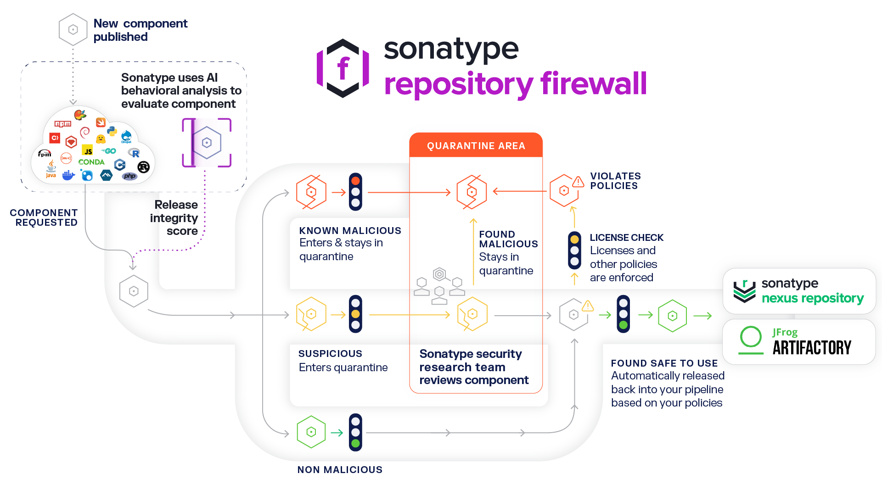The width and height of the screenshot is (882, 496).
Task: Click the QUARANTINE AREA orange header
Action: point(476,145)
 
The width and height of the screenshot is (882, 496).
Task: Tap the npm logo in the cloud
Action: point(63,123)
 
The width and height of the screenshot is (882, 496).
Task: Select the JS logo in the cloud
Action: point(87,150)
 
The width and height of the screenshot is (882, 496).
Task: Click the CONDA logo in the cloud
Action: point(91,162)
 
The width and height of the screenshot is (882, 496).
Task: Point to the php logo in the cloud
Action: point(130,176)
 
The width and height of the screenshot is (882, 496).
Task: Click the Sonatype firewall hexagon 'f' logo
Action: point(343,68)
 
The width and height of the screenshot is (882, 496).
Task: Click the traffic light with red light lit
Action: point(355,192)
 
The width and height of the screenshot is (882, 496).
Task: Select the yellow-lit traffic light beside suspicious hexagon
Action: point(355,314)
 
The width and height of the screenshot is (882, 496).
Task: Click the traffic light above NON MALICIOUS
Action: point(355,432)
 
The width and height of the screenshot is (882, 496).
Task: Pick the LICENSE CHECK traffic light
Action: point(574,251)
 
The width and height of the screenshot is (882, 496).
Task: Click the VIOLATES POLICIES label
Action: point(615,181)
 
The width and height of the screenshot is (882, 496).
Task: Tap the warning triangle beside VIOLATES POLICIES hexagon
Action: point(578,182)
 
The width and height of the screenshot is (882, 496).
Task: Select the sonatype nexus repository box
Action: point(799,291)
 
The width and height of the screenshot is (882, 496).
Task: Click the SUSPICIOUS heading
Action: point(330,353)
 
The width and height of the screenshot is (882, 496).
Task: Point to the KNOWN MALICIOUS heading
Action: point(350,230)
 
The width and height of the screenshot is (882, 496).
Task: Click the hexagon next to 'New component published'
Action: point(73,29)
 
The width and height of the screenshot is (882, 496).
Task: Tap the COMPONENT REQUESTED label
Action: point(44,217)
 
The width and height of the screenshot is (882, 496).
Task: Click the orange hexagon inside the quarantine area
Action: point(472,192)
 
